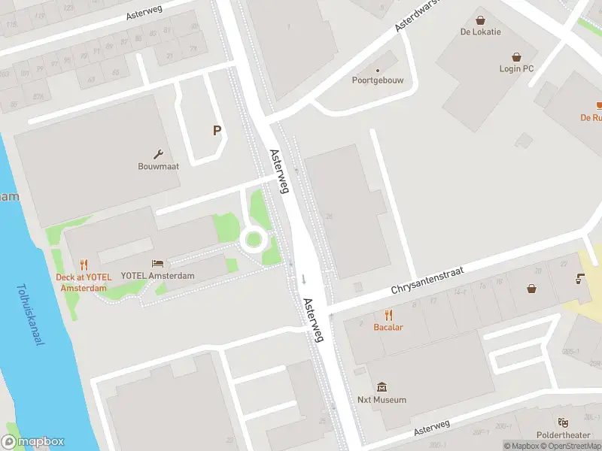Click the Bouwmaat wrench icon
tap(158, 153)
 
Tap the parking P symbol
tap(217, 131)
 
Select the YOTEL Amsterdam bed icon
tap(157, 264)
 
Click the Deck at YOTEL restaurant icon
tap(84, 265)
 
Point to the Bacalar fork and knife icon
tap(388, 315)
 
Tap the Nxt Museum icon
tap(382, 387)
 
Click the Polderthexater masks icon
tap(562, 422)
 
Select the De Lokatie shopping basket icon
tap(480, 20)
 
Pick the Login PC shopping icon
tap(516, 56)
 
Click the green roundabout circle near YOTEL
tap(254, 240)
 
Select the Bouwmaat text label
tap(158, 166)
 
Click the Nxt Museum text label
tap(382, 400)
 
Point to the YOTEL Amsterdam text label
tap(157, 276)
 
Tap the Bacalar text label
tap(388, 327)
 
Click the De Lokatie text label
tap(480, 32)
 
